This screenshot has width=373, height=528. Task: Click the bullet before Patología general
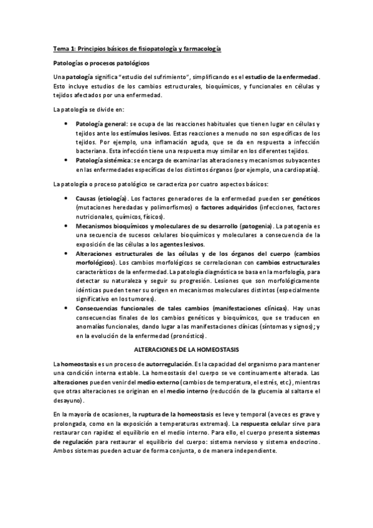click(x=67, y=125)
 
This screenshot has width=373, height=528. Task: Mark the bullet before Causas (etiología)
click(x=67, y=197)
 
